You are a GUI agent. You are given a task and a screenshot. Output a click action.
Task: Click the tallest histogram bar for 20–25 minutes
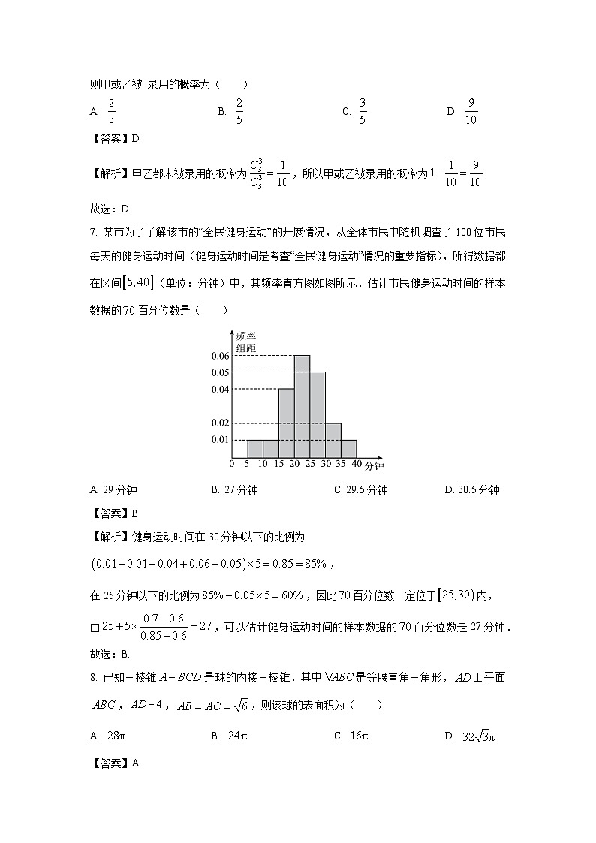[302, 406]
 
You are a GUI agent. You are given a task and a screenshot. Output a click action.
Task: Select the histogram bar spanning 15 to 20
[286, 423]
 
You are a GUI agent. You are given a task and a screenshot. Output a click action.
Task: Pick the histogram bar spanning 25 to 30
[318, 414]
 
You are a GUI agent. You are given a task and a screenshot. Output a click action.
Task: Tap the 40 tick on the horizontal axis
[357, 465]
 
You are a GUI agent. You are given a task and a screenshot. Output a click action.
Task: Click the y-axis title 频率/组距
[246, 342]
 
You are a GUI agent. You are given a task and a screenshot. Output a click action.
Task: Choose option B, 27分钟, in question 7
[235, 490]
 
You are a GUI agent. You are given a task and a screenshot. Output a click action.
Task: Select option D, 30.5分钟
[472, 490]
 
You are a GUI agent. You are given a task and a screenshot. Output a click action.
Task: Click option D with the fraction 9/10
[463, 111]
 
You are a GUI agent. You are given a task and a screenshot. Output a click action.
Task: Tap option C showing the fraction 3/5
[355, 111]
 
